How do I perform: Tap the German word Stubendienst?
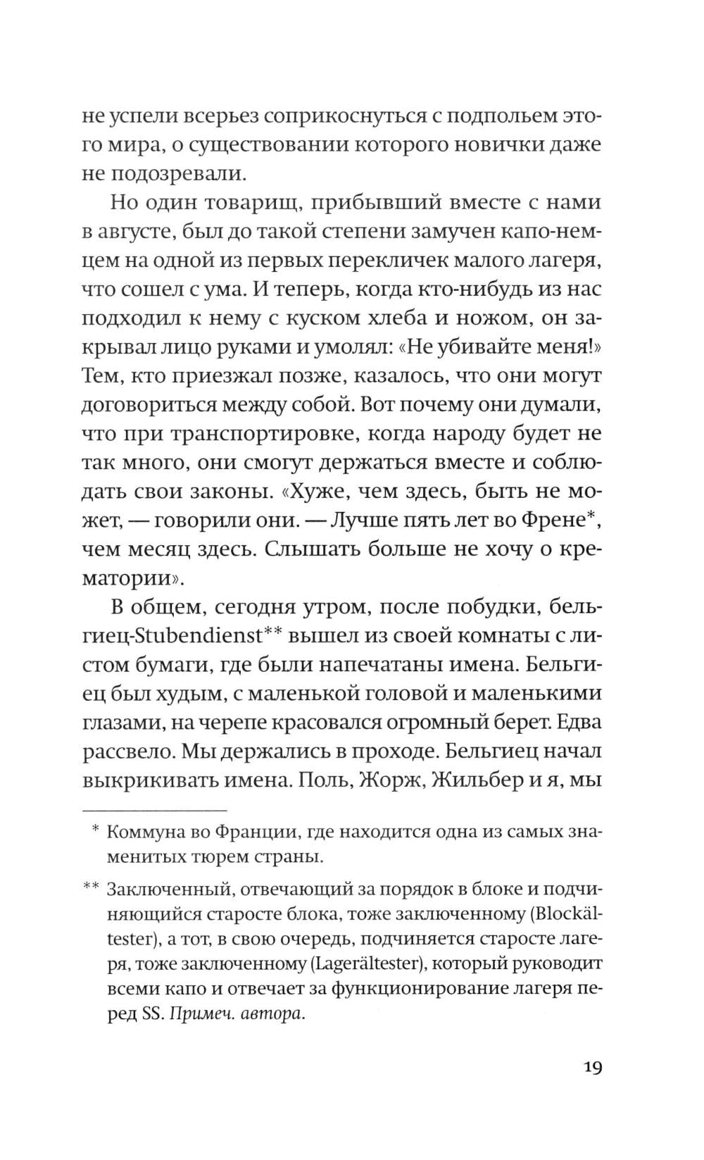191,637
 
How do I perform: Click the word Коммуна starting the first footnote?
147,832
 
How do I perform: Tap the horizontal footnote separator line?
154,811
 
